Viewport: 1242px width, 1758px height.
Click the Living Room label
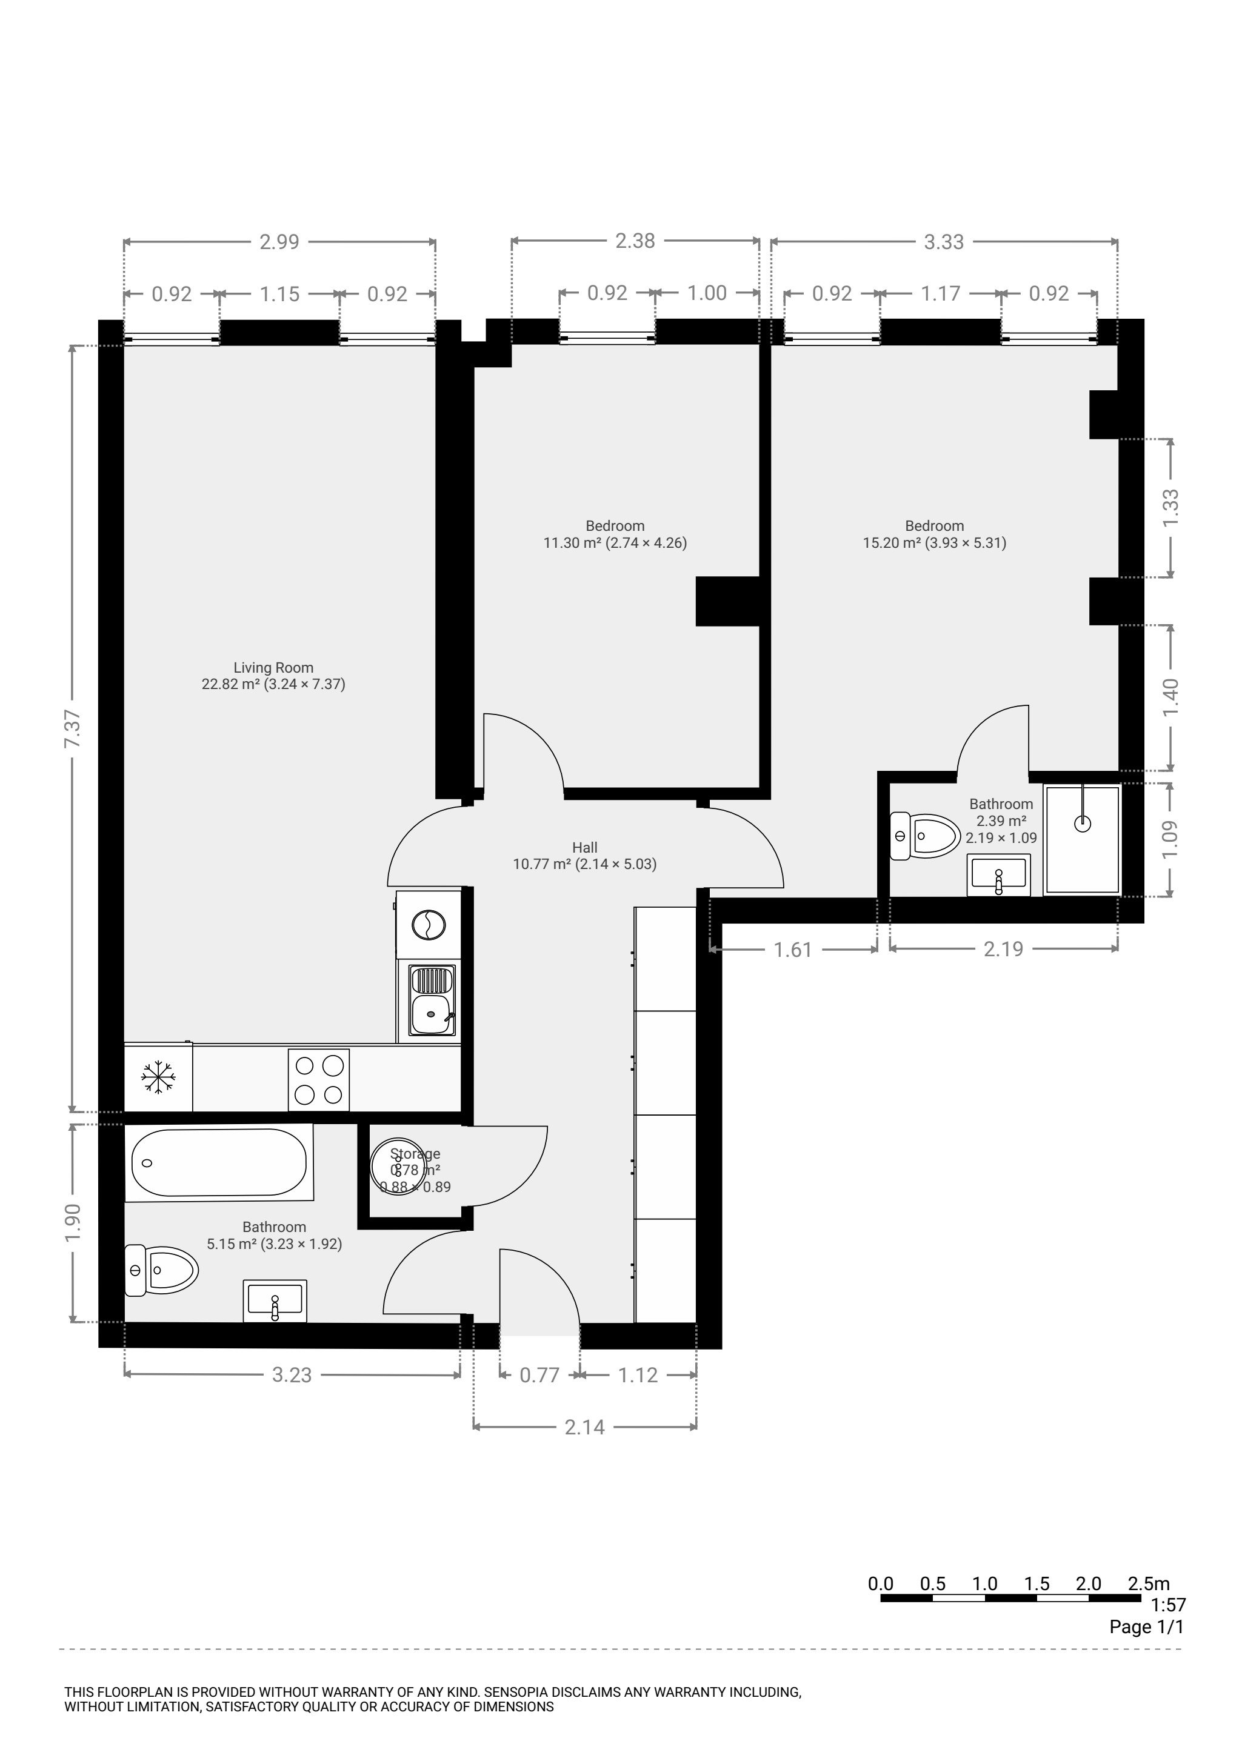coord(273,668)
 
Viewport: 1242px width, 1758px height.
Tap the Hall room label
coord(584,848)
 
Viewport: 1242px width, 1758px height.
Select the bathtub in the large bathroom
coord(219,1162)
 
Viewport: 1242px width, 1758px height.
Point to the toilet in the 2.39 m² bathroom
coord(925,835)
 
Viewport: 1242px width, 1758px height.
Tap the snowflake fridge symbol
coord(158,1077)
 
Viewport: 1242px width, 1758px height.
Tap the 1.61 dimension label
coord(792,950)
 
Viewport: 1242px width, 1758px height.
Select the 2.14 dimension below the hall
coord(584,1427)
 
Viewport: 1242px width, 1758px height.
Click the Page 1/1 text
coord(1147,1626)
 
